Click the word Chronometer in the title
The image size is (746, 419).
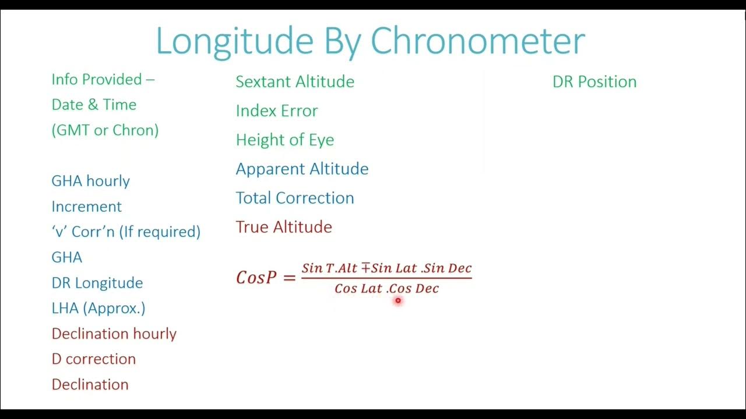point(477,41)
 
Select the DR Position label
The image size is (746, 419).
point(594,81)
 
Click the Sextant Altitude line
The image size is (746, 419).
point(295,81)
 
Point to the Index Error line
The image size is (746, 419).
point(277,111)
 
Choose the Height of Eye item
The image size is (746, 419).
point(285,140)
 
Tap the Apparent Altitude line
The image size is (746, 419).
point(302,169)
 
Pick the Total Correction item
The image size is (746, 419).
point(295,198)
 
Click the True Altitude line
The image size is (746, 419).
point(284,227)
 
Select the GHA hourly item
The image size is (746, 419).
point(90,181)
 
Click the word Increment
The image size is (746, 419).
point(86,207)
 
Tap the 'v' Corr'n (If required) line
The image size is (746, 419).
point(126,232)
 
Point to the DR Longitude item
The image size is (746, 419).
point(97,283)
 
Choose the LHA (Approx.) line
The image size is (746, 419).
point(98,308)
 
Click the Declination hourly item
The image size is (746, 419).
point(114,333)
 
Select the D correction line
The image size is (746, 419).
point(93,359)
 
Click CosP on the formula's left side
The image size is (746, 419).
point(256,278)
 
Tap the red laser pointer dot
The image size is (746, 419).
point(398,301)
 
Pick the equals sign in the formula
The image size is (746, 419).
point(289,278)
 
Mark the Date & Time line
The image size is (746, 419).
point(94,105)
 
